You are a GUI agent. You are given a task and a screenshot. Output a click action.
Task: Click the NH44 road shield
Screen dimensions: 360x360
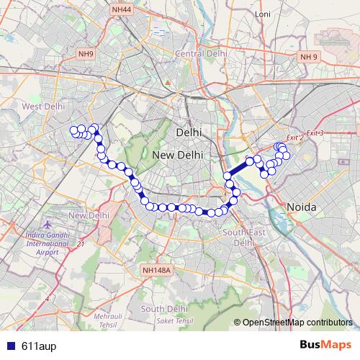(x=122, y=9)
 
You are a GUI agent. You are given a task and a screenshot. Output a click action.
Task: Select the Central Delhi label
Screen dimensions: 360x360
(x=201, y=53)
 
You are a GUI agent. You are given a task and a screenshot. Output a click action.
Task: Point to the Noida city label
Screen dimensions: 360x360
(x=302, y=207)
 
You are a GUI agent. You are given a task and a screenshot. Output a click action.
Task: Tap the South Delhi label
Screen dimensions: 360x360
(x=164, y=308)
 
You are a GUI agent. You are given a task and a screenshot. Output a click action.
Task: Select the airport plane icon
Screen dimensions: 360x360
(x=48, y=225)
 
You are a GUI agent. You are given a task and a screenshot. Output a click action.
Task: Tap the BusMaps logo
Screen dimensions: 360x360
(x=327, y=346)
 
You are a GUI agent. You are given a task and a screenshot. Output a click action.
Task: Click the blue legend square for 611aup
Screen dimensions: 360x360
(x=9, y=346)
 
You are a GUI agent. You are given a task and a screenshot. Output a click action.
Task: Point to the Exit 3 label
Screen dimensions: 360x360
(x=315, y=133)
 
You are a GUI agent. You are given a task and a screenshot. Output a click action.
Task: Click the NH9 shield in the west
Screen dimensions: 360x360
(x=86, y=54)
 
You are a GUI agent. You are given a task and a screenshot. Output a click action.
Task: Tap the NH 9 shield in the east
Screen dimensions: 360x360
(x=308, y=57)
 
